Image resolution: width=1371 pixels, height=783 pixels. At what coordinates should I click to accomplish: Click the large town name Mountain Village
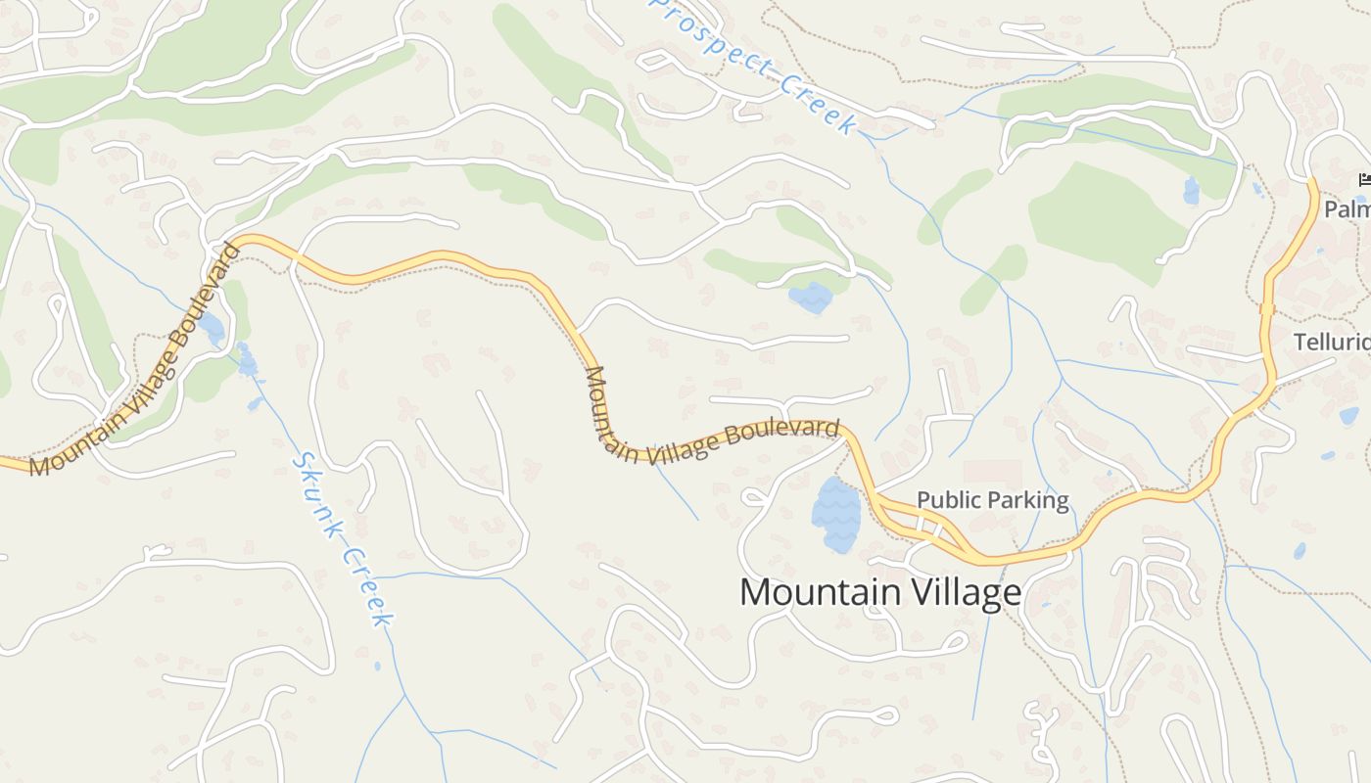[879, 593]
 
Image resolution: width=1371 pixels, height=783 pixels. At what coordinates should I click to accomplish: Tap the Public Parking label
[992, 500]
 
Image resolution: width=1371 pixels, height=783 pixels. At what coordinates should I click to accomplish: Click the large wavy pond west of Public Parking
[835, 513]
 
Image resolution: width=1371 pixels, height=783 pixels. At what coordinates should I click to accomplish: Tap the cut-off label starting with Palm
[1347, 209]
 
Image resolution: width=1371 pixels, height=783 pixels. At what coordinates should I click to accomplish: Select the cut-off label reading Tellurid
[1332, 343]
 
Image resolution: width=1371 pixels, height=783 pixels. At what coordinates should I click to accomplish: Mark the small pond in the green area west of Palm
[1191, 190]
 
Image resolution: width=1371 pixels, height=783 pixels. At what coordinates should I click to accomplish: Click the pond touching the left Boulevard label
[212, 327]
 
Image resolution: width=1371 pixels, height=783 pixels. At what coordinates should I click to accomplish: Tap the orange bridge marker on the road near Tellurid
[1267, 308]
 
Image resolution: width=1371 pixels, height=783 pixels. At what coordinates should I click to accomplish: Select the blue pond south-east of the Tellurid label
[1348, 416]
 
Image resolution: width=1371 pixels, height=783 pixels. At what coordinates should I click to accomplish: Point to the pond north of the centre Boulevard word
[811, 296]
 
